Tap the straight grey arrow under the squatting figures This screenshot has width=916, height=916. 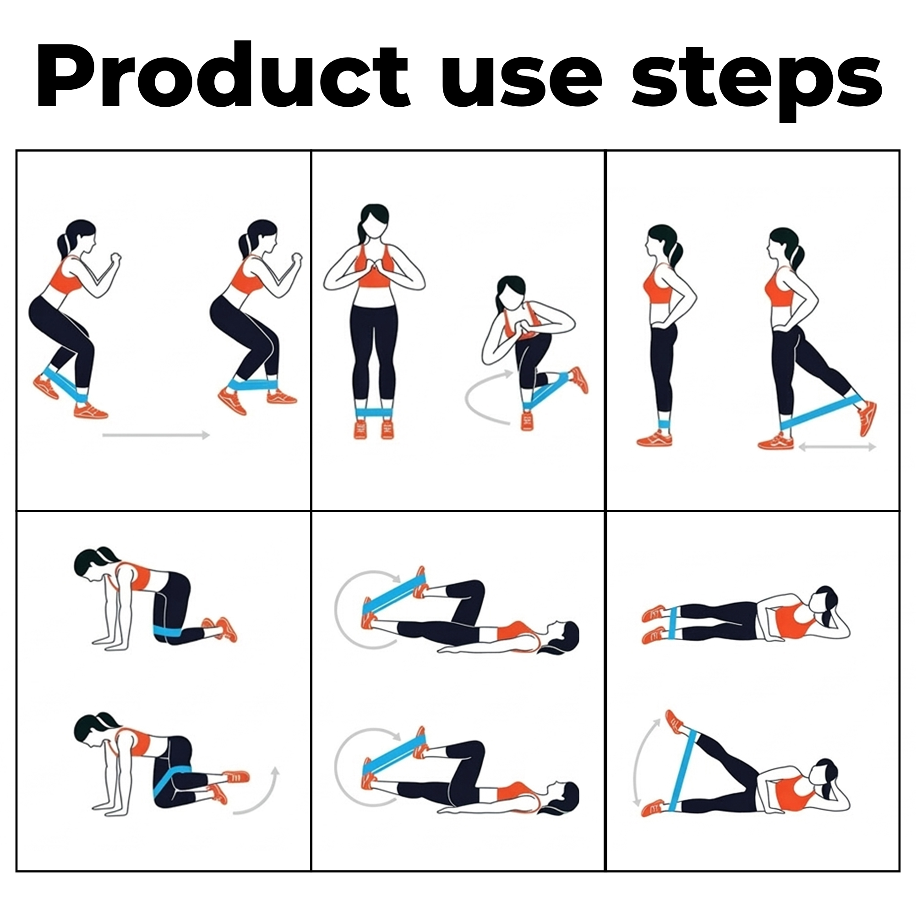pos(156,435)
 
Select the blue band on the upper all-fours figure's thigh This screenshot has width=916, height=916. pos(166,631)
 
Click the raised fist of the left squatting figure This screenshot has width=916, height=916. pos(115,259)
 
